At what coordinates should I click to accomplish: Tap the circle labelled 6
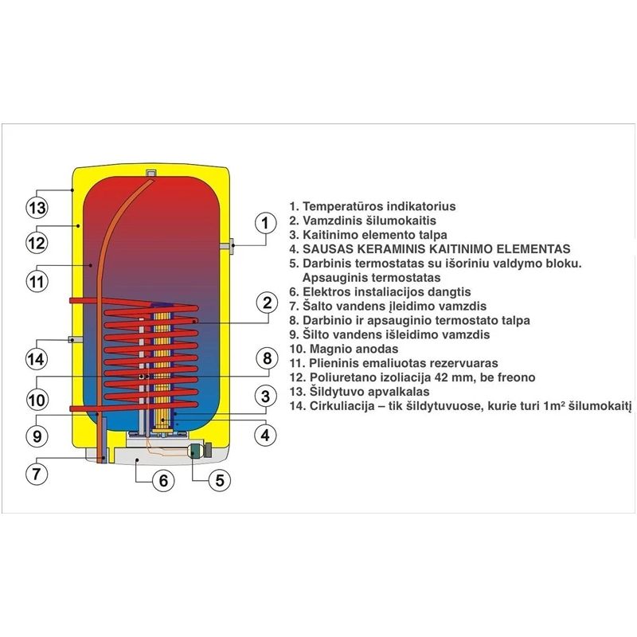click(162, 481)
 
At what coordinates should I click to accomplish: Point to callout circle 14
click(35, 359)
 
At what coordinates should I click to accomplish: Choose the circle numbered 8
click(268, 359)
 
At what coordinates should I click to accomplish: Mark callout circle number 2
click(268, 303)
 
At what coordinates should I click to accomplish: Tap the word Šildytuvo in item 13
click(333, 392)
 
